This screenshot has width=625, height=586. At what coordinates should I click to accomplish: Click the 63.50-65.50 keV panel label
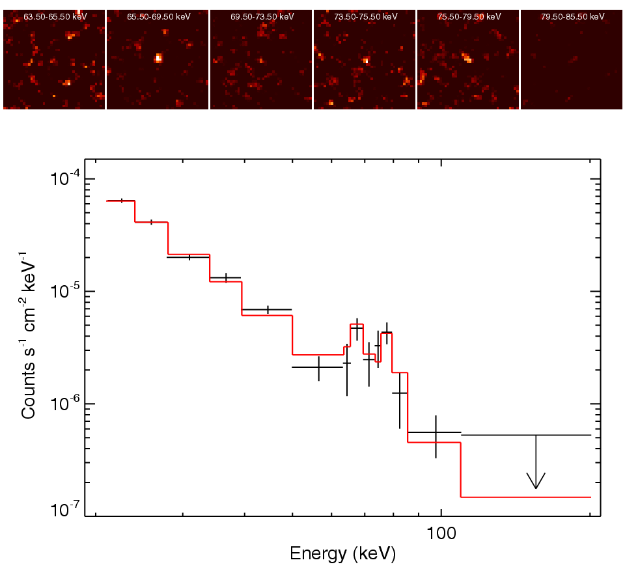(x=55, y=17)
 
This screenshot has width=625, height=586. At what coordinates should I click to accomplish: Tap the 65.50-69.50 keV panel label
(x=158, y=17)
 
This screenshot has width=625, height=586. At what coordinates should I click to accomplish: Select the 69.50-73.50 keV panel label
(x=262, y=17)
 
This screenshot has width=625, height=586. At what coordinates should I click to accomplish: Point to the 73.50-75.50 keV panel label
(x=365, y=17)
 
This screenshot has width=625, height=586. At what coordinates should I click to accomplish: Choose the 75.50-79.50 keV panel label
(x=469, y=17)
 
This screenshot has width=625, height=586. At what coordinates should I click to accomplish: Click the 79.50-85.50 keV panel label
(x=572, y=17)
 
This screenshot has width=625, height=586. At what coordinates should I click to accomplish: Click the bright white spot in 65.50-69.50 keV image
(x=158, y=58)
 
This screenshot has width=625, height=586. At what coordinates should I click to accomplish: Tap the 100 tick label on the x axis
(x=441, y=533)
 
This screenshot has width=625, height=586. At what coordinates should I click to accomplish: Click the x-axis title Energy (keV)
(x=342, y=554)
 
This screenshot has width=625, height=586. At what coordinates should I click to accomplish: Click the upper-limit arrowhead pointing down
(x=536, y=482)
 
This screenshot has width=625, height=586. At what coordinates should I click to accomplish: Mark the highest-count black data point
(x=122, y=201)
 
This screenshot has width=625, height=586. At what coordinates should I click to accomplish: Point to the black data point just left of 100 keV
(x=436, y=432)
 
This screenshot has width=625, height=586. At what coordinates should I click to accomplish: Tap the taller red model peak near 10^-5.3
(x=357, y=324)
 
